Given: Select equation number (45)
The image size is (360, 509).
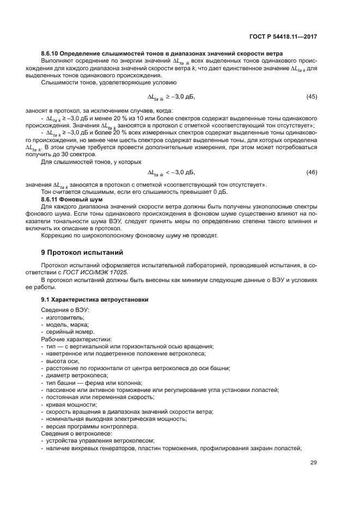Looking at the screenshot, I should tap(312, 96).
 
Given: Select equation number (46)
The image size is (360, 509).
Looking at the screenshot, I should tap(312, 173).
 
